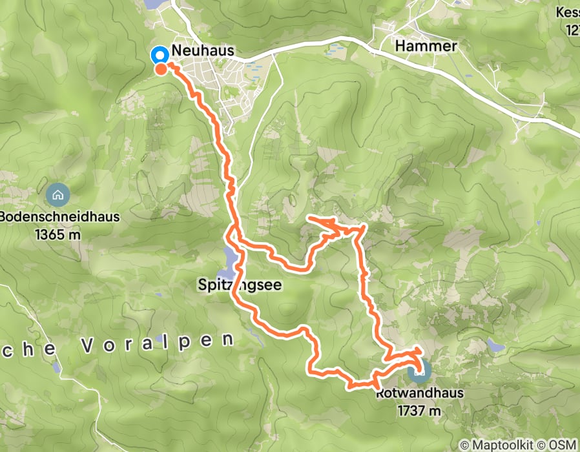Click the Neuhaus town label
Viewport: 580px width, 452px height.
202,51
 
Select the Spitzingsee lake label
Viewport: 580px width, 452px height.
240,284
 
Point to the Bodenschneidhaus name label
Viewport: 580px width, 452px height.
59,217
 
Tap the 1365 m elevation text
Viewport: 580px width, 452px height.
59,234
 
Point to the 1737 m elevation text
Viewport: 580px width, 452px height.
419,410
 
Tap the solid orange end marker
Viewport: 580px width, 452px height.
160,68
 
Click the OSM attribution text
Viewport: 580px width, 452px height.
563,445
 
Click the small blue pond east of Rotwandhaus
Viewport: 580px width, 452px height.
495,346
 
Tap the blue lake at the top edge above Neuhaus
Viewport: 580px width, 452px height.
155,3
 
